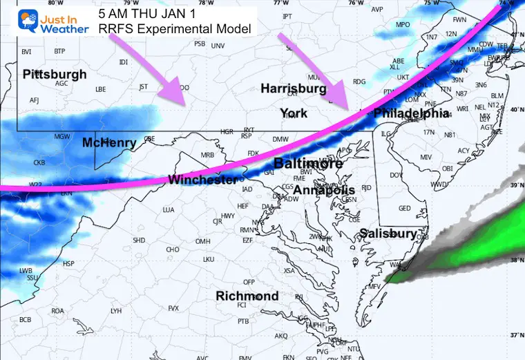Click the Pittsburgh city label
coord(55,74)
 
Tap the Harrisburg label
coord(293,89)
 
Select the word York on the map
coord(294,113)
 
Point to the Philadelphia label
coord(412,113)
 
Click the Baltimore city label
coord(307,164)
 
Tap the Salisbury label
coord(387,234)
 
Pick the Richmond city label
coord(247,296)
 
